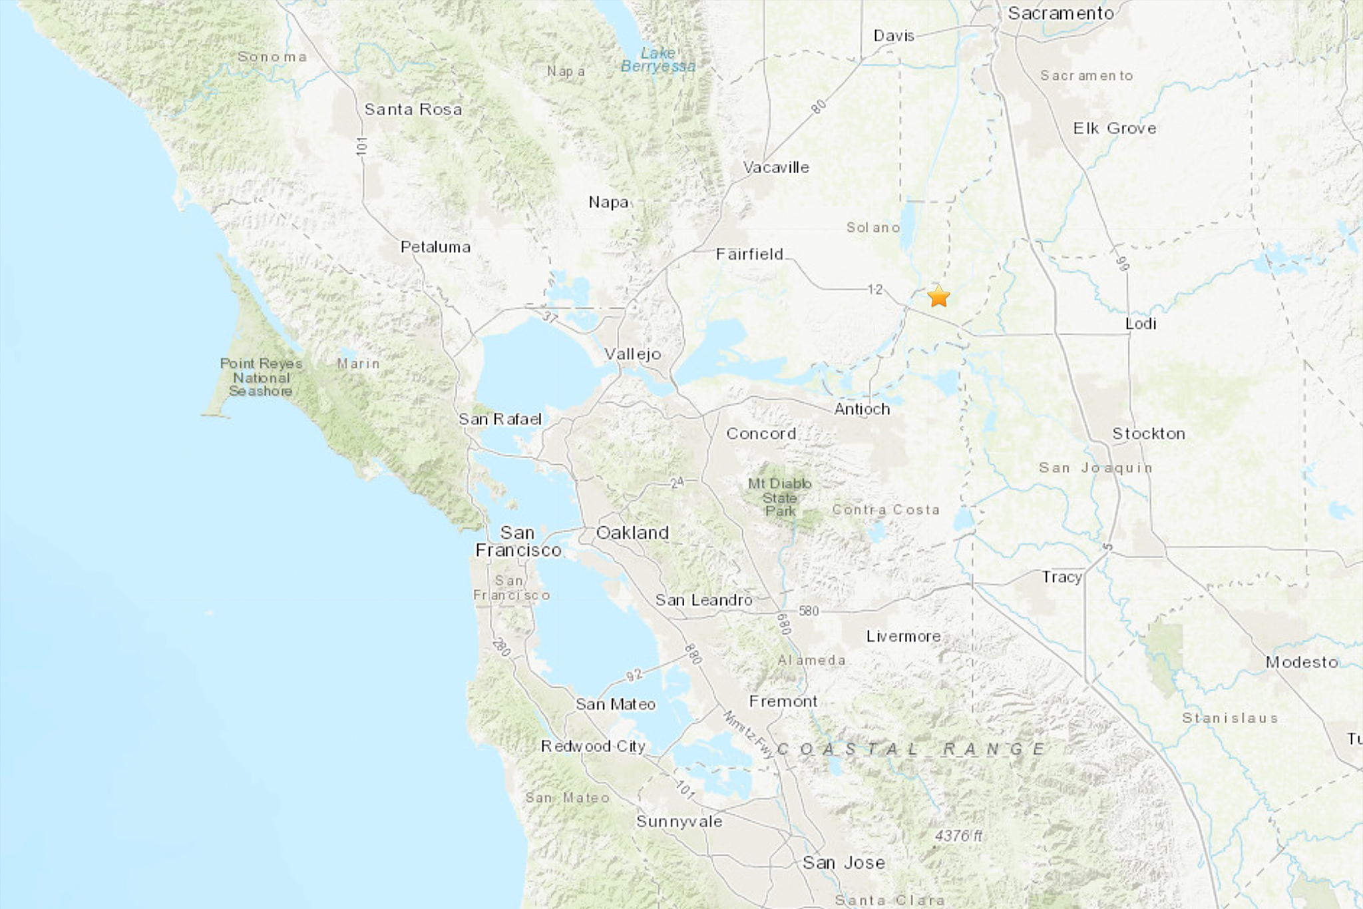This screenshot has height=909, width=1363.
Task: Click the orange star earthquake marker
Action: tap(938, 296)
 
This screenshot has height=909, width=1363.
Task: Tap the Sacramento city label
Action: tap(1060, 13)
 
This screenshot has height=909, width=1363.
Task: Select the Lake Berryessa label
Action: tap(658, 59)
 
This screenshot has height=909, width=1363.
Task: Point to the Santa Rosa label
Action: tap(413, 109)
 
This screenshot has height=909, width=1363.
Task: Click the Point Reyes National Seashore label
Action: tap(261, 377)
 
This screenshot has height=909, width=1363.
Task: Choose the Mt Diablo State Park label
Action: tap(779, 497)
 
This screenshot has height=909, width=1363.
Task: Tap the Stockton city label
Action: tap(1149, 434)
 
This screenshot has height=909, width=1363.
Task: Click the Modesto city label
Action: tap(1302, 662)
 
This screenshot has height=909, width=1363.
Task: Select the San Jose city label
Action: tap(843, 862)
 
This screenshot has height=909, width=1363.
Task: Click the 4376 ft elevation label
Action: tap(958, 836)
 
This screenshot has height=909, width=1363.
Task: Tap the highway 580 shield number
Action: tap(809, 611)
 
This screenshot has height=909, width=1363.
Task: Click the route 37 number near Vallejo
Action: tap(550, 317)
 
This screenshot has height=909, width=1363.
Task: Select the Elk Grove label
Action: tap(1115, 129)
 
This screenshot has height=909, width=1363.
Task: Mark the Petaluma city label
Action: tap(435, 247)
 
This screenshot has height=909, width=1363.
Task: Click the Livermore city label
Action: tap(903, 637)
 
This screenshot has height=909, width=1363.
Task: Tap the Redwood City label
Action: tap(593, 747)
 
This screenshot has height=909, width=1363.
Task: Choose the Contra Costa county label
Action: tap(886, 510)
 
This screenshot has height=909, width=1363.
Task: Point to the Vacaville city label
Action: tap(776, 168)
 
